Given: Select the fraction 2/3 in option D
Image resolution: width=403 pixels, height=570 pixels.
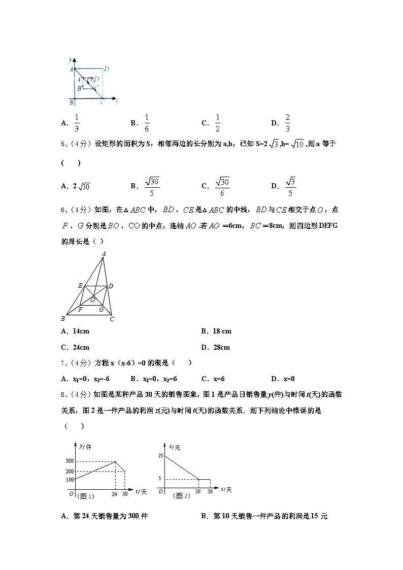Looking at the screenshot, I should pyautogui.click(x=287, y=123).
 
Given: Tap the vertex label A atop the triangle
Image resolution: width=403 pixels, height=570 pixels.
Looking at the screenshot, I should pyautogui.click(x=104, y=254).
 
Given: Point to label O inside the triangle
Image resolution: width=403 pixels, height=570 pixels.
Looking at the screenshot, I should pyautogui.click(x=93, y=300).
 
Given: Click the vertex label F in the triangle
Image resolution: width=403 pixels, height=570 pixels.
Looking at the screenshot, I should pyautogui.click(x=80, y=309).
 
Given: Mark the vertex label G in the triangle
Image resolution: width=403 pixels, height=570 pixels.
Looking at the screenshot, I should pyautogui.click(x=102, y=309).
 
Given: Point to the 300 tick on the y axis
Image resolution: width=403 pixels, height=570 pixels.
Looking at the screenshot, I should pyautogui.click(x=69, y=461).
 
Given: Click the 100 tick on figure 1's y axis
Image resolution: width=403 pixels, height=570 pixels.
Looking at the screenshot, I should pyautogui.click(x=69, y=479).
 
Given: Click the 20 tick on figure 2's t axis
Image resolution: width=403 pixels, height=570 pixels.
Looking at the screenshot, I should pyautogui.click(x=198, y=492).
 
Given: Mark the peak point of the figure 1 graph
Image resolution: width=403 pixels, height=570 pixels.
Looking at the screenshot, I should pyautogui.click(x=116, y=461).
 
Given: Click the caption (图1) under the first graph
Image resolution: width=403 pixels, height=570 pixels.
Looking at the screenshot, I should pyautogui.click(x=85, y=495).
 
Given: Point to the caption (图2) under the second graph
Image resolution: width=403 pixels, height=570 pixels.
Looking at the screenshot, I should pyautogui.click(x=181, y=495).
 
